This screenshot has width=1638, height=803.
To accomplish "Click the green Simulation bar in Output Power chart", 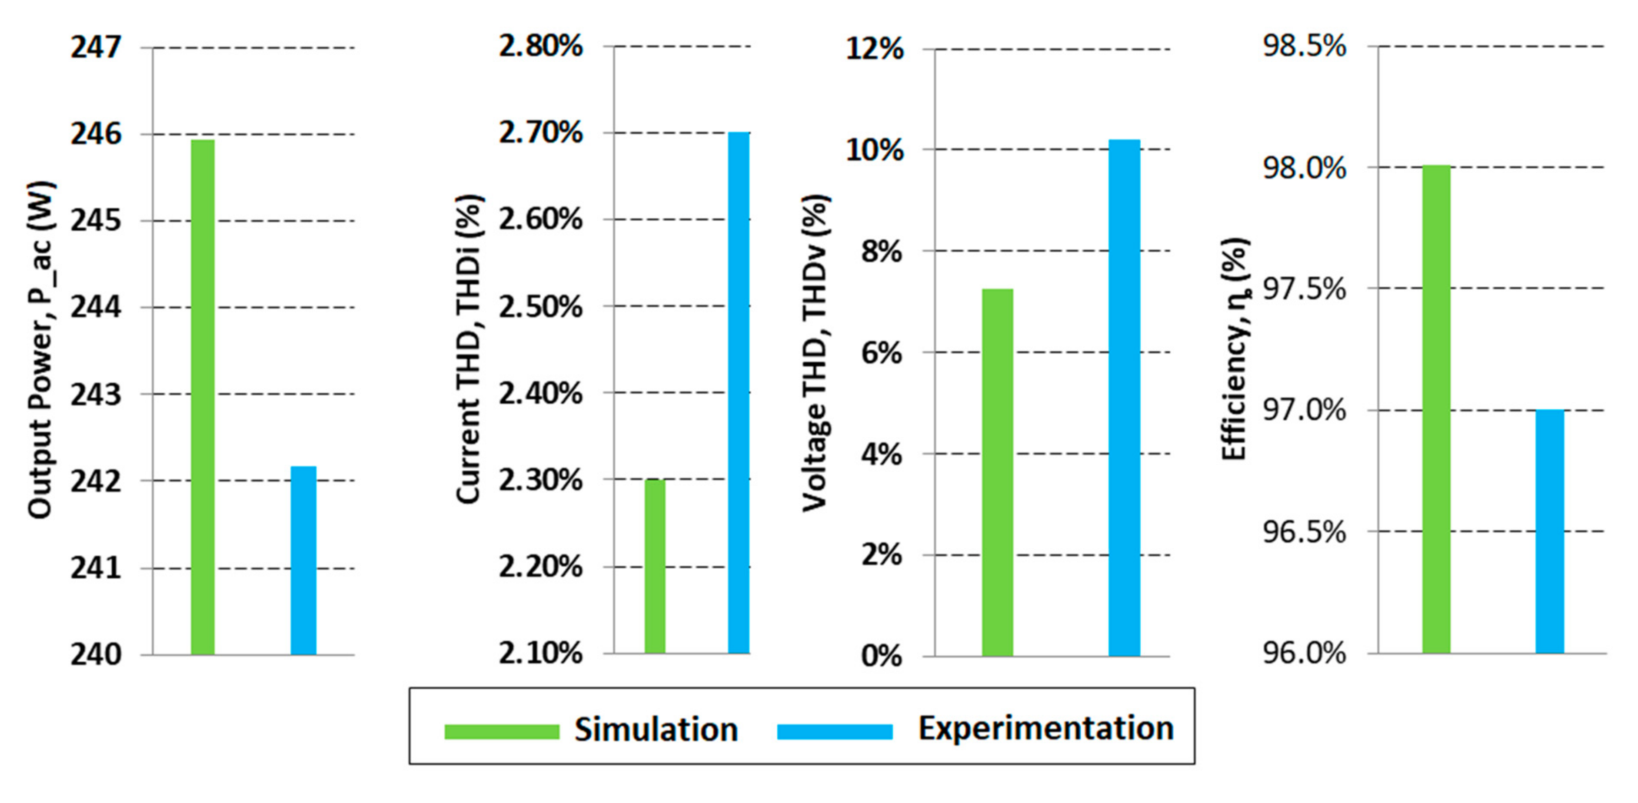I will pyautogui.click(x=203, y=397).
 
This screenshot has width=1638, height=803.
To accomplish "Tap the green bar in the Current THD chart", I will pyautogui.click(x=655, y=566).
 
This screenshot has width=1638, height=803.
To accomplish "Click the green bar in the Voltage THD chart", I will pyautogui.click(x=997, y=472).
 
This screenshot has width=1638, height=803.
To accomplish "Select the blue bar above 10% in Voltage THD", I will pyautogui.click(x=1124, y=397).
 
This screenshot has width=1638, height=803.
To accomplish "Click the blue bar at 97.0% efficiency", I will pyautogui.click(x=1550, y=531).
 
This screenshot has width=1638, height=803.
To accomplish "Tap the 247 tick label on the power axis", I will pyautogui.click(x=95, y=48).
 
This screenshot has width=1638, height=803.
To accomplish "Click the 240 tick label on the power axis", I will pyautogui.click(x=95, y=654).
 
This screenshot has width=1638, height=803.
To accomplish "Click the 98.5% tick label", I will pyautogui.click(x=1304, y=46).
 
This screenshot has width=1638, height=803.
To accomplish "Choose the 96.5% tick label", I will pyautogui.click(x=1304, y=531).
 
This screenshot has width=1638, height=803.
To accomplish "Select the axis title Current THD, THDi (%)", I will pyautogui.click(x=469, y=350).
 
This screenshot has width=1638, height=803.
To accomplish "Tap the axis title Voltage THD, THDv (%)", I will pyautogui.click(x=815, y=353).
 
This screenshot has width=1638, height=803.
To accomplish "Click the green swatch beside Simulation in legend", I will pyautogui.click(x=501, y=732).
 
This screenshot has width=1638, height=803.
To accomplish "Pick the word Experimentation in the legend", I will pyautogui.click(x=1045, y=729).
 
